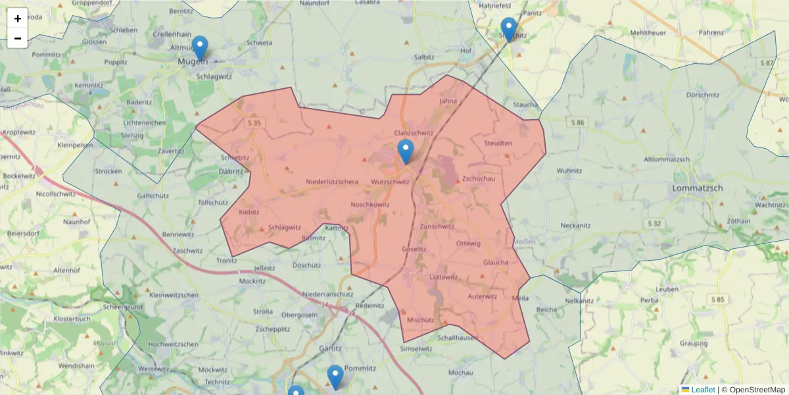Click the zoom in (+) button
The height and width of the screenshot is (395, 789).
coord(18,18)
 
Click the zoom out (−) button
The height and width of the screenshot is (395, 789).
coord(18,38)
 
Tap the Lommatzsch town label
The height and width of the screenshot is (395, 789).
coord(698,188)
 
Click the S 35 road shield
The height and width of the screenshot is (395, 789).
coord(255,123)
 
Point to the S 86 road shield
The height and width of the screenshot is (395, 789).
coord(577,122)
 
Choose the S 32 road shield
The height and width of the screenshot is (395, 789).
coord(654,224)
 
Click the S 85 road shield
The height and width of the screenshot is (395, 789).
coord(717,300)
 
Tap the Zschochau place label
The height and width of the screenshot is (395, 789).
coord(478,178)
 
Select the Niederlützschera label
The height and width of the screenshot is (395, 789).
coord(333,182)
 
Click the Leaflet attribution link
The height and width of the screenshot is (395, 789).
coord(702,390)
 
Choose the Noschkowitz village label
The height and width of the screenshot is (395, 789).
coord(370,204)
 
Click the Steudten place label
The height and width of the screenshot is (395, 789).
coord(498,143)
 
